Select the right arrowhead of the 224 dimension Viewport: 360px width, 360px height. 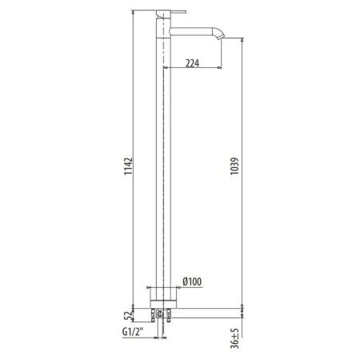coord(221,67)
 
